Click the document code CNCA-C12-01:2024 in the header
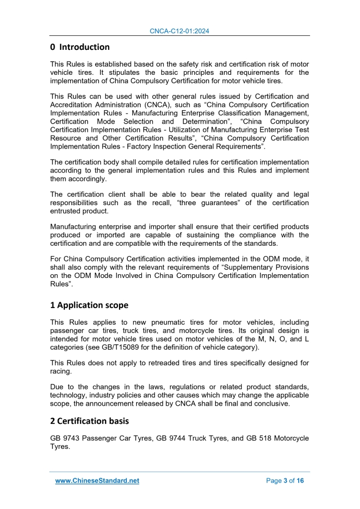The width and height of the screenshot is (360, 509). tap(180, 31)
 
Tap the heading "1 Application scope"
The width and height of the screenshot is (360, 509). tap(89, 305)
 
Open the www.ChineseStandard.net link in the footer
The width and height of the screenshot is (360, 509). tap(97, 481)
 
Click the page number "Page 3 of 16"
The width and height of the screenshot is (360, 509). tap(285, 481)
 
